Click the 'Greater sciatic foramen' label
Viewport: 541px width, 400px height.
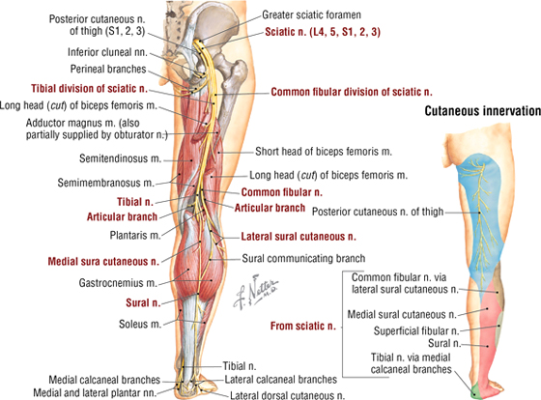(x=311, y=14)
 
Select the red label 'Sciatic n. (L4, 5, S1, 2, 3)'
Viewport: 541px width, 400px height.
(x=323, y=32)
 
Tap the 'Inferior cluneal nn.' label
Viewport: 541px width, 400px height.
(x=107, y=52)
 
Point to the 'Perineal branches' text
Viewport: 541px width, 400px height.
(x=108, y=69)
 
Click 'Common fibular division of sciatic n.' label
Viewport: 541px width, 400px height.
(x=352, y=92)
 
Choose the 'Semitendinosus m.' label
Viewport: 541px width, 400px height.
(x=121, y=158)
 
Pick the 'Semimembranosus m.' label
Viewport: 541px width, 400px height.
(x=106, y=183)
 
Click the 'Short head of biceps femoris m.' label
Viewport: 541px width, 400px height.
(x=324, y=152)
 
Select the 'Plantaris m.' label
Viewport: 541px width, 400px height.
(x=135, y=236)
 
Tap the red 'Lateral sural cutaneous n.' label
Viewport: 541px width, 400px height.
(x=299, y=237)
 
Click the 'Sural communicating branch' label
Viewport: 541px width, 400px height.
(x=303, y=258)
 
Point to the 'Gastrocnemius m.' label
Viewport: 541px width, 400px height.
(x=118, y=283)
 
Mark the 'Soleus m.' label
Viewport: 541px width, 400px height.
(x=140, y=324)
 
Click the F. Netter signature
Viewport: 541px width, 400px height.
(x=255, y=292)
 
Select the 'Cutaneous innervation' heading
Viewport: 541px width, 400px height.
(x=483, y=111)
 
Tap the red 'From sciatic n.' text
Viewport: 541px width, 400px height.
(x=303, y=326)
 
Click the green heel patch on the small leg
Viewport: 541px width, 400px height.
(x=476, y=390)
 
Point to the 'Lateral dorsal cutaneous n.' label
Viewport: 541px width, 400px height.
(x=288, y=395)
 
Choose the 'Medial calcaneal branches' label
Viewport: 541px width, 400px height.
(x=104, y=380)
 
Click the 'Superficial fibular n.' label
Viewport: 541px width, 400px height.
(x=416, y=331)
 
